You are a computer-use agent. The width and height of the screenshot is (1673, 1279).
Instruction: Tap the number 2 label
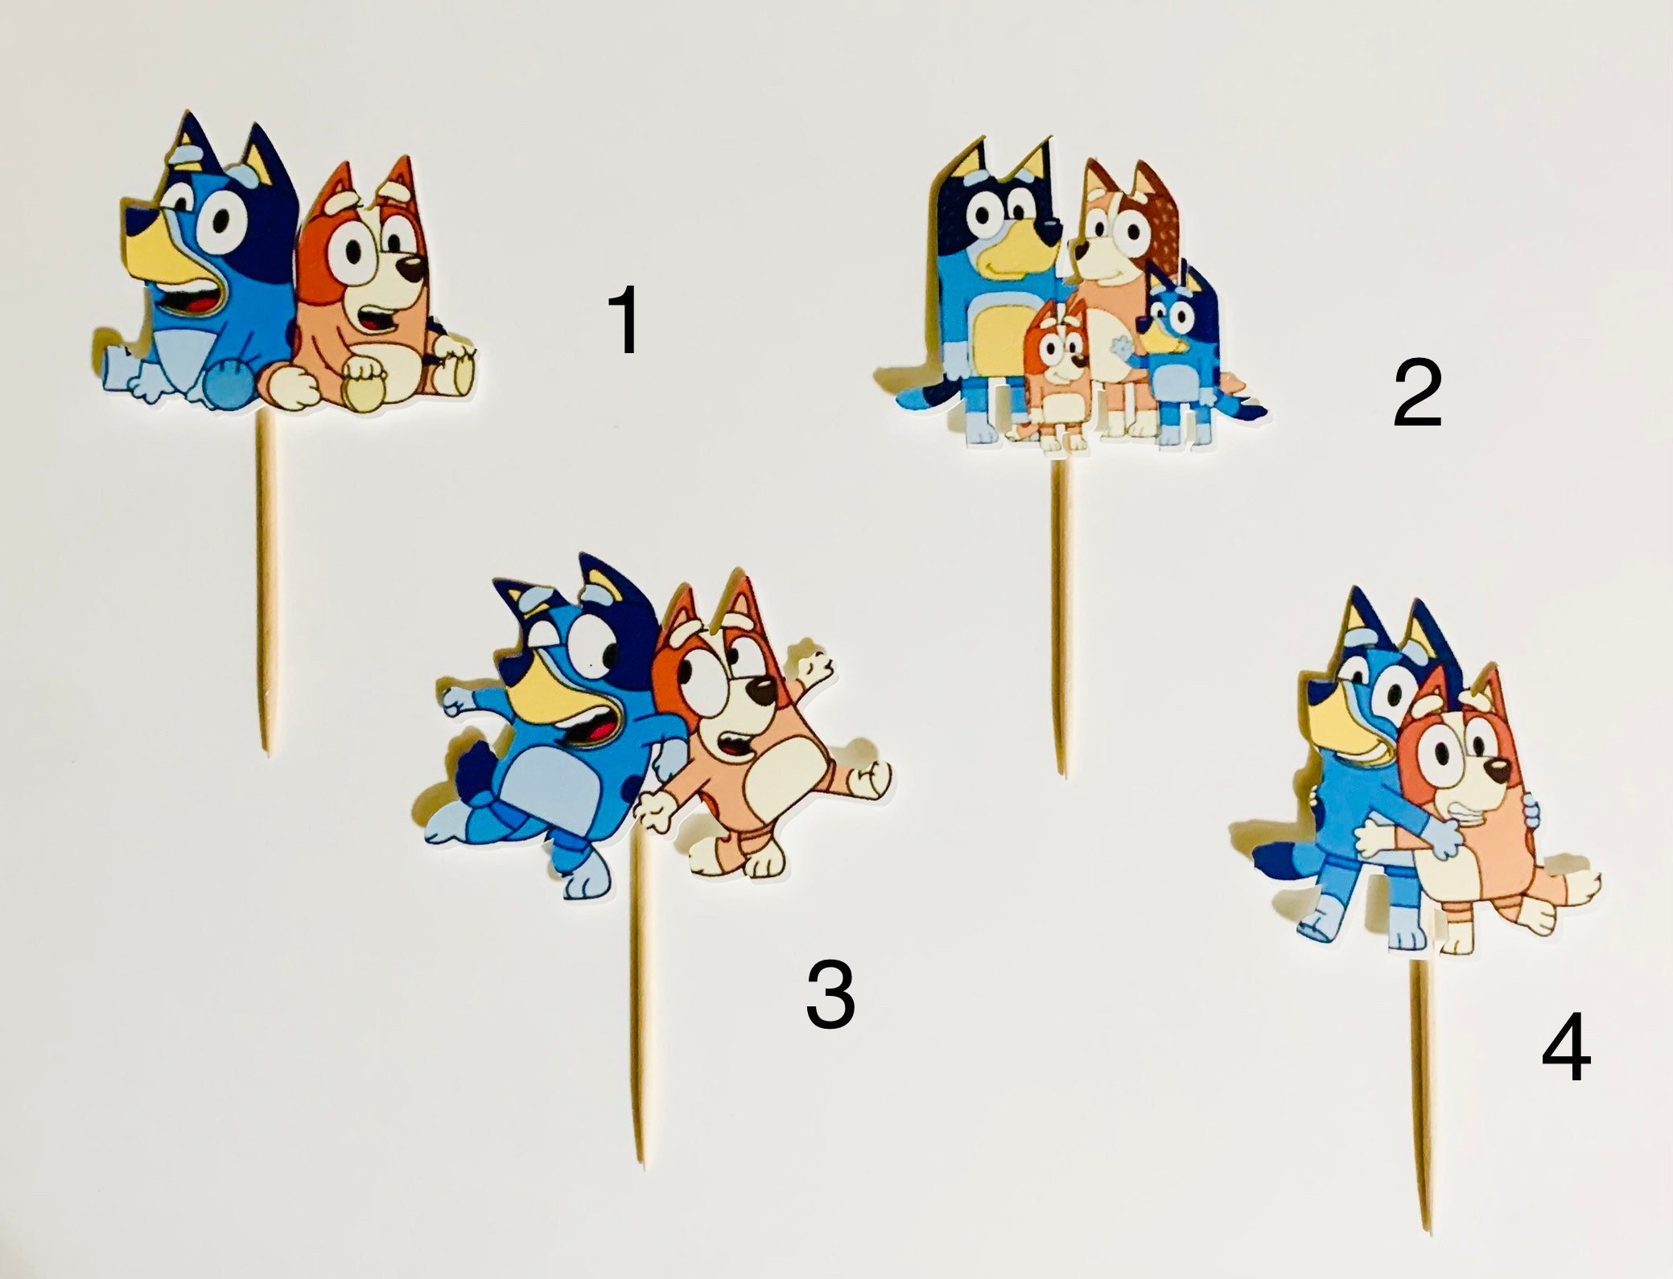pyautogui.click(x=1417, y=394)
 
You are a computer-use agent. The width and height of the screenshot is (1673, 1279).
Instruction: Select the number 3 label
pyautogui.click(x=830, y=996)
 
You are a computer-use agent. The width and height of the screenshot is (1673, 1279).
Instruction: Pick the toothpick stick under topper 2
pyautogui.click(x=1061, y=619)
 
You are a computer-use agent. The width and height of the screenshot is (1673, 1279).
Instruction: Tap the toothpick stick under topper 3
pyautogui.click(x=637, y=1006)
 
